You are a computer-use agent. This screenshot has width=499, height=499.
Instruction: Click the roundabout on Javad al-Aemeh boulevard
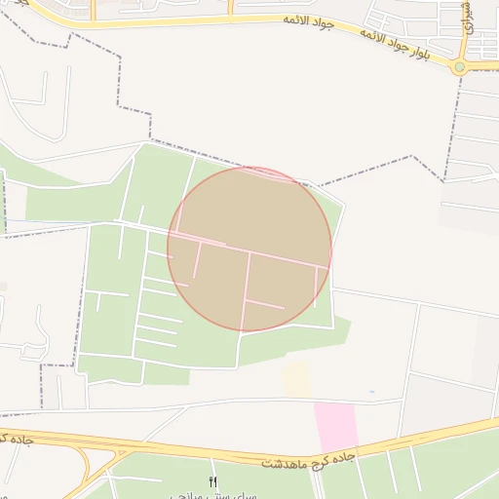(x=459, y=66)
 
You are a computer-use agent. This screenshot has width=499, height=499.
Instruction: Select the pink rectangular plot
(x=335, y=426)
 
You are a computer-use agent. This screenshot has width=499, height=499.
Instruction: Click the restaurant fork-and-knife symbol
(x=213, y=482)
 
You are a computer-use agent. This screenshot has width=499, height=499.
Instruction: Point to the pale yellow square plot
(x=296, y=380)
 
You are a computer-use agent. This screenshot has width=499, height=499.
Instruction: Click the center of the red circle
(x=249, y=249)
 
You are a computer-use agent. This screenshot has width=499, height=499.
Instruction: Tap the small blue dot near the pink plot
(x=371, y=392)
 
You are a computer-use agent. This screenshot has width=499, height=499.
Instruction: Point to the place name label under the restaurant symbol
(x=213, y=495)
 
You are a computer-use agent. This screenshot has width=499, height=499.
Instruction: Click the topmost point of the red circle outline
(x=249, y=167)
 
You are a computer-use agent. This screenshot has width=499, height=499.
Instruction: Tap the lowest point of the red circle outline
(x=249, y=331)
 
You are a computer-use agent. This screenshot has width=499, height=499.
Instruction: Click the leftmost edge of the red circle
(x=168, y=249)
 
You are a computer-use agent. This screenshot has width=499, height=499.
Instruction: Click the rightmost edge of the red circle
(x=332, y=249)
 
